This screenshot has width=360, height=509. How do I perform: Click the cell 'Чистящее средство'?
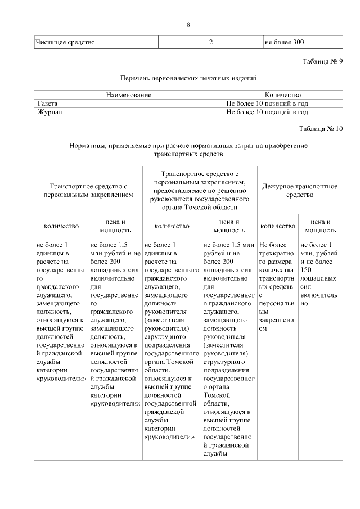tap(65, 42)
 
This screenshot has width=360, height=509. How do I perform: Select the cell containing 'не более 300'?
tap(284, 42)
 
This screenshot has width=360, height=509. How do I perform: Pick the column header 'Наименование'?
tap(129, 95)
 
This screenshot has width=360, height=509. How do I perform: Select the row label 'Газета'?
tap(48, 103)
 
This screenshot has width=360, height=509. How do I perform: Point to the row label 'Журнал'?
tap(49, 112)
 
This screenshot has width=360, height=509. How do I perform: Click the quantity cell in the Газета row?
tap(267, 103)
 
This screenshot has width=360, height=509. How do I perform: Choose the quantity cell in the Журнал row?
tap(267, 112)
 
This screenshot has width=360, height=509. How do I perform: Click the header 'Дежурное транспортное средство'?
tap(300, 190)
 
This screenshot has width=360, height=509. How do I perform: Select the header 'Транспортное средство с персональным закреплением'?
tap(89, 190)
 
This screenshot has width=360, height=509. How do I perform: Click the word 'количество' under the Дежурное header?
tap(277, 226)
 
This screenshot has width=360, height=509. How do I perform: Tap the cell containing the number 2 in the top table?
tap(210, 42)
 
